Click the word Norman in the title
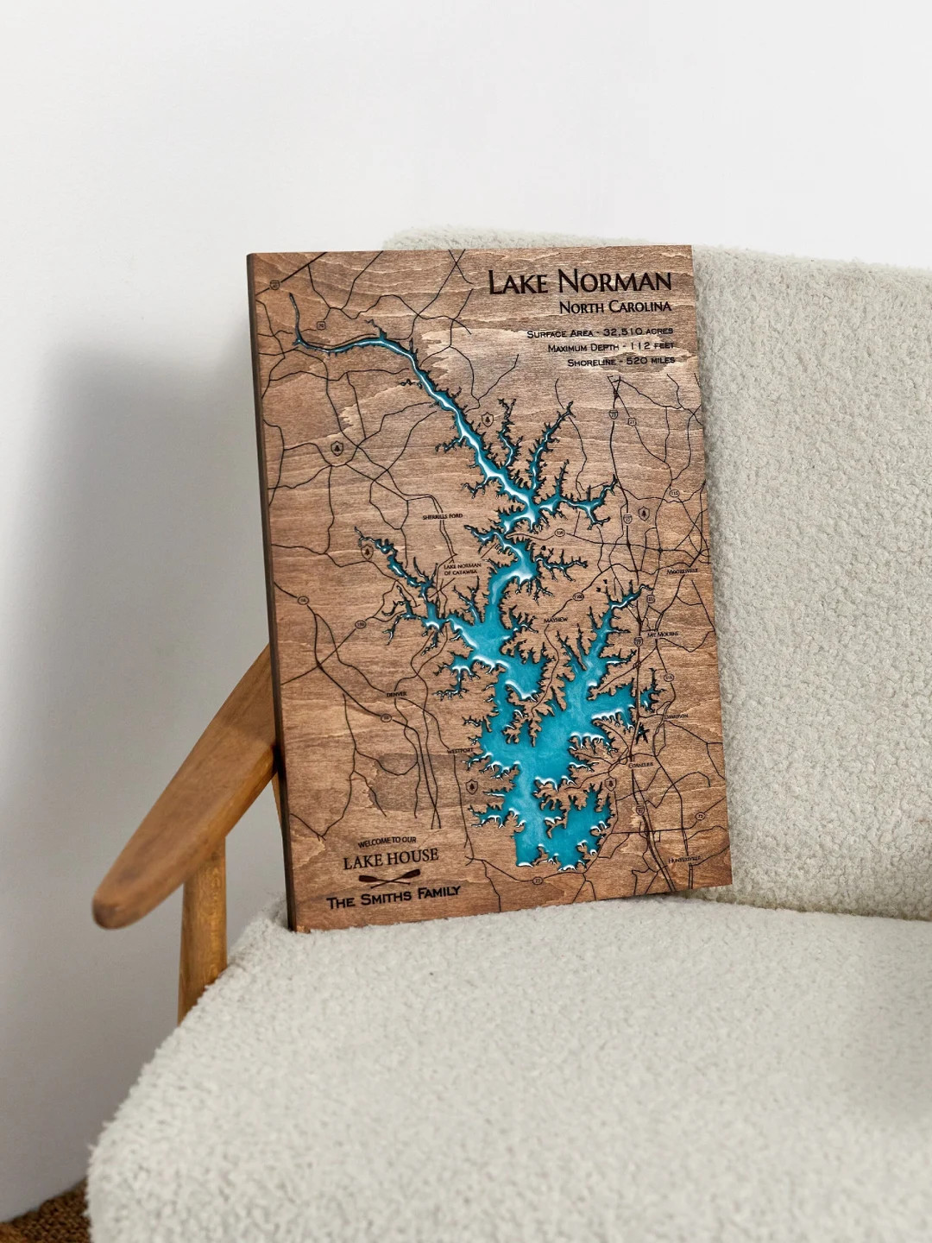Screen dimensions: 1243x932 tap(614, 281)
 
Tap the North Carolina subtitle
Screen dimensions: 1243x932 tap(614, 308)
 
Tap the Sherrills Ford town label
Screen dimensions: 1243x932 tap(443, 516)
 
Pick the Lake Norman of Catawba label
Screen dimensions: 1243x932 tap(463, 569)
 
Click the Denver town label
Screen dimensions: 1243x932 tap(396, 694)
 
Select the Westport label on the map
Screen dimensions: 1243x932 tap(461, 751)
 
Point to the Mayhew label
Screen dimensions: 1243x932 tap(556, 621)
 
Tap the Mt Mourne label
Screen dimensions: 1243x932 tap(663, 634)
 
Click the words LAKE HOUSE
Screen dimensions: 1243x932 tap(390, 859)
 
